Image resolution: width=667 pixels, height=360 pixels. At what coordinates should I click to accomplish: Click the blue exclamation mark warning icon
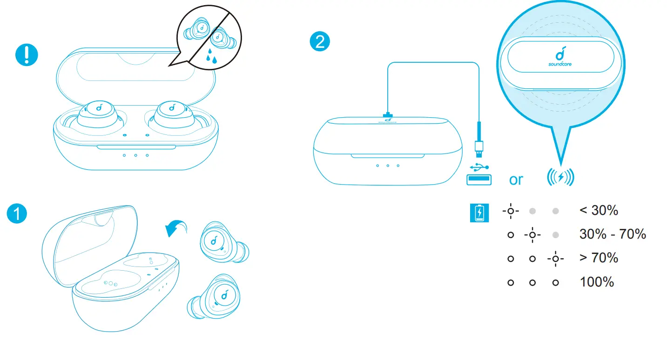[27, 55]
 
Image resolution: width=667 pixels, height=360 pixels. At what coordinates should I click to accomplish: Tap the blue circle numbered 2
[320, 42]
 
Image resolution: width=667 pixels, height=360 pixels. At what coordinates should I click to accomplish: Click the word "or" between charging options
[516, 180]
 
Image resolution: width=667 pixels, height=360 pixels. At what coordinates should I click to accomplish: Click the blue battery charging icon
[479, 213]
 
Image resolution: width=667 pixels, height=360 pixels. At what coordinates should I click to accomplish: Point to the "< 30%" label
[599, 210]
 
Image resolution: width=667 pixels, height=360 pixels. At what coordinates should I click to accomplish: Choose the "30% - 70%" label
[613, 234]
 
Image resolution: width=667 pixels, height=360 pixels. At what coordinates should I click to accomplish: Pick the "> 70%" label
[599, 258]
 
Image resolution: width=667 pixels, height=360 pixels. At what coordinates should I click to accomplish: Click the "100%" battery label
[597, 281]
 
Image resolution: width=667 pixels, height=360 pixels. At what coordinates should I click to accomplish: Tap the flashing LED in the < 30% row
[511, 211]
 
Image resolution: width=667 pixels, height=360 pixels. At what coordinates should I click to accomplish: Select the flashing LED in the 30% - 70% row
[532, 235]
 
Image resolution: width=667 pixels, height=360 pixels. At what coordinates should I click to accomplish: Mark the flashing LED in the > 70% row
[555, 258]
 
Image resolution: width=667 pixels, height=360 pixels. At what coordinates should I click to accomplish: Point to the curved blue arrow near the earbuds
[176, 228]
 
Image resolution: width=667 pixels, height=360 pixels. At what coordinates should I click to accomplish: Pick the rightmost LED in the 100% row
[555, 282]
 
